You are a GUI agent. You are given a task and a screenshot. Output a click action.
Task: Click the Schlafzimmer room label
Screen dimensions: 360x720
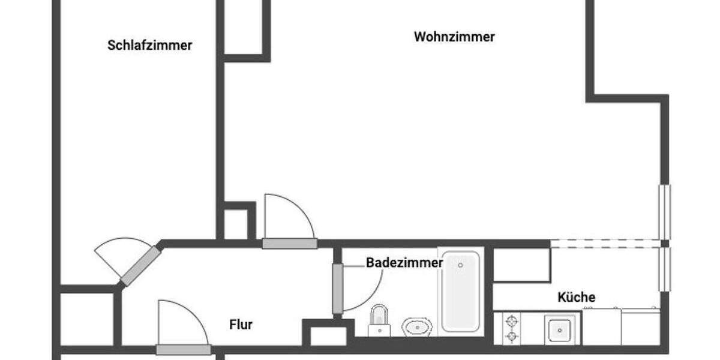click(150, 46)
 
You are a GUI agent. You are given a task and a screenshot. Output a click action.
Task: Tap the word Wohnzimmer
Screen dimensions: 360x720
click(454, 37)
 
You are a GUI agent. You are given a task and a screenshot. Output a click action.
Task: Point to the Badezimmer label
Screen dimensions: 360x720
click(404, 263)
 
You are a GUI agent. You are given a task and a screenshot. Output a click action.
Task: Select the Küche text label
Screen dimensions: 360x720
click(576, 298)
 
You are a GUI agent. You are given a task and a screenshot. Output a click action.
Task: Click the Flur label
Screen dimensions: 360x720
click(241, 325)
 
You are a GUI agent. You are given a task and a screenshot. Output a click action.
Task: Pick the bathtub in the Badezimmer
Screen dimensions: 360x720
click(460, 291)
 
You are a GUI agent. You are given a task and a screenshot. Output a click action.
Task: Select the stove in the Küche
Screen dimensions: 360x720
click(512, 329)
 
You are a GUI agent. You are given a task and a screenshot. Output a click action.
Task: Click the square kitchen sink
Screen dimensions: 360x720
click(559, 329)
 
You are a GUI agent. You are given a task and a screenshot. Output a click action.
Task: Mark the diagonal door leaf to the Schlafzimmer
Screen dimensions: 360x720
click(140, 266)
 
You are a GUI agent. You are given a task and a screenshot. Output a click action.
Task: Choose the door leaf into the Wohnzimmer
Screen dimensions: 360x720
click(289, 244)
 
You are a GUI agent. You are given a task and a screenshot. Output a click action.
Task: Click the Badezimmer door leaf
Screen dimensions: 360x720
click(338, 288)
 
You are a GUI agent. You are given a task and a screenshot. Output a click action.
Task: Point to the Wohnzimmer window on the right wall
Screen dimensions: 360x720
click(664, 212)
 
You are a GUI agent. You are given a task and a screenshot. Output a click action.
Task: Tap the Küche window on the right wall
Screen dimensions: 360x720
click(664, 269)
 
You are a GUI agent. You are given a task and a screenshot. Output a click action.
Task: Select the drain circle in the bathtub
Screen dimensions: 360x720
click(460, 265)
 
